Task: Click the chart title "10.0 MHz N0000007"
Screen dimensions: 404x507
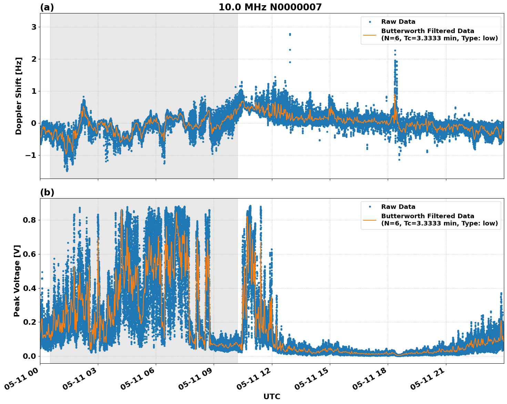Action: tap(270, 7)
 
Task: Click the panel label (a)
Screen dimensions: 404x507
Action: tap(47, 7)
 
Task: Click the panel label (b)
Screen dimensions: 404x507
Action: tap(47, 192)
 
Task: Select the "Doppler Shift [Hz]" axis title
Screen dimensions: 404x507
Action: tap(19, 96)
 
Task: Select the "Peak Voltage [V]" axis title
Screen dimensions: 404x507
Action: tap(17, 281)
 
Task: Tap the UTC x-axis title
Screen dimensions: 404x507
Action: tap(272, 396)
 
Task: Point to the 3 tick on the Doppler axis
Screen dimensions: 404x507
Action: tap(34, 27)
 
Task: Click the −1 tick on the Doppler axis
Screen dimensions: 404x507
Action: tap(31, 155)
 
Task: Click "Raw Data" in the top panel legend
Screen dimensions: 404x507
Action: tap(398, 22)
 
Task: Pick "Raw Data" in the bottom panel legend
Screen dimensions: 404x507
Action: tap(398, 207)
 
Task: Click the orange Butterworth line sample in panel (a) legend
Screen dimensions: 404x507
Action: tap(369, 35)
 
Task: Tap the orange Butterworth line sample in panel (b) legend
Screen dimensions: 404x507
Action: tap(369, 220)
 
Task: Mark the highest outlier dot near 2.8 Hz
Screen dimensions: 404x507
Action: tap(290, 34)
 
